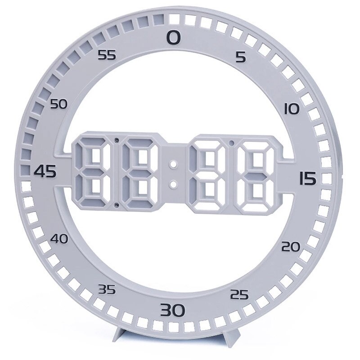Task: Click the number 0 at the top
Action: (174, 37)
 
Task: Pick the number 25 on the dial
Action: (239, 295)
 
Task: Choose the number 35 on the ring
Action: (107, 289)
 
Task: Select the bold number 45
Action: (45, 171)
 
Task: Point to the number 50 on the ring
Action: (58, 104)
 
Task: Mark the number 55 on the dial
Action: (107, 55)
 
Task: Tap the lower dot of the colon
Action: (173, 184)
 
